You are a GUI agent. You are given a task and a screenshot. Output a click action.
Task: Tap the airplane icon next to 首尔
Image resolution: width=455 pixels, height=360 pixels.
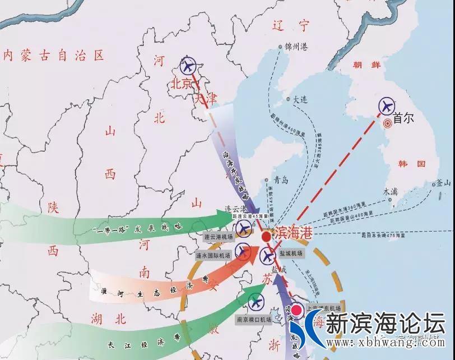[x=387, y=105]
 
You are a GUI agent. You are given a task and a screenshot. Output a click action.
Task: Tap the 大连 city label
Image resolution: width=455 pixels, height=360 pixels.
[x=300, y=99]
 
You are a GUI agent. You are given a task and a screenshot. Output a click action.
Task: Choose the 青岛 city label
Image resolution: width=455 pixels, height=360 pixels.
[x=280, y=181]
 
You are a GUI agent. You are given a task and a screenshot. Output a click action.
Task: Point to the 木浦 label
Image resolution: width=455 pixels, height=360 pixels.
[x=391, y=191]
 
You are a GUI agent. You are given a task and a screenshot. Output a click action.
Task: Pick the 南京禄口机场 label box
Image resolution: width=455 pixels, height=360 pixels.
[x=253, y=320]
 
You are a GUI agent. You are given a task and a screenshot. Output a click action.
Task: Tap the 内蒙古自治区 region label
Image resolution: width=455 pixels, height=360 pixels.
[x=54, y=56]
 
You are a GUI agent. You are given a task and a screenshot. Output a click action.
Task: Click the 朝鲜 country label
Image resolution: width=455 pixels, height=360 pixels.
[x=366, y=65]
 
